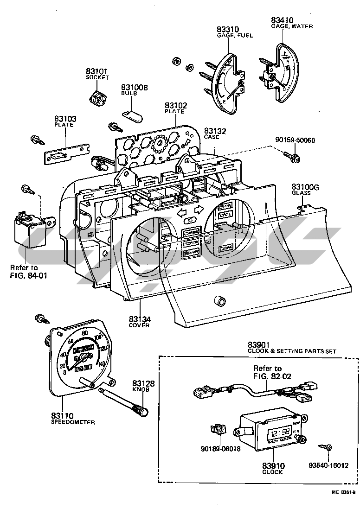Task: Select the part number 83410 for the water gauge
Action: (282, 20)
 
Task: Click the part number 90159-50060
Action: (295, 140)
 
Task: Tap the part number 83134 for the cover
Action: (140, 319)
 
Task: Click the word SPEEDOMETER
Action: (73, 422)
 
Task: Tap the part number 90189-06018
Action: (221, 449)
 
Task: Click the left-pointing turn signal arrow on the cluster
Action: (182, 210)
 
